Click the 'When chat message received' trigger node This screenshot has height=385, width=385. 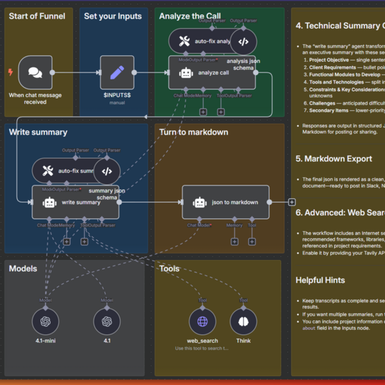point(35,73)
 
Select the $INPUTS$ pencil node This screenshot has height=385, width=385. point(117,73)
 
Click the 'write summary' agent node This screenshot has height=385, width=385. point(75,202)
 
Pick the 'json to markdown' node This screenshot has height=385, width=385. point(225,202)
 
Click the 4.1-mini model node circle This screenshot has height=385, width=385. point(46,321)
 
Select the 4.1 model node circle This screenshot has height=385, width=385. point(107,321)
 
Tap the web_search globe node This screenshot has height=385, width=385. point(203,321)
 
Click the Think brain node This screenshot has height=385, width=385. point(243,321)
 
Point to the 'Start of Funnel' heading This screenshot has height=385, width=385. point(37,16)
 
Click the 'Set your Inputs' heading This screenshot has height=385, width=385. point(113,16)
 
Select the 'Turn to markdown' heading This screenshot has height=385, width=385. point(193,132)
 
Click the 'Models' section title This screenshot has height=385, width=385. point(23,268)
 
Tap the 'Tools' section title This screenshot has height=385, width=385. point(171,268)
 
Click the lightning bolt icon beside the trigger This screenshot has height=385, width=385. point(10,73)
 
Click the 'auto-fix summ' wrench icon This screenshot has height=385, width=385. point(47,171)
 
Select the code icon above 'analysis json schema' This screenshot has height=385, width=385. point(243,42)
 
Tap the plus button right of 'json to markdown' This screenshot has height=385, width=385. point(292,202)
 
